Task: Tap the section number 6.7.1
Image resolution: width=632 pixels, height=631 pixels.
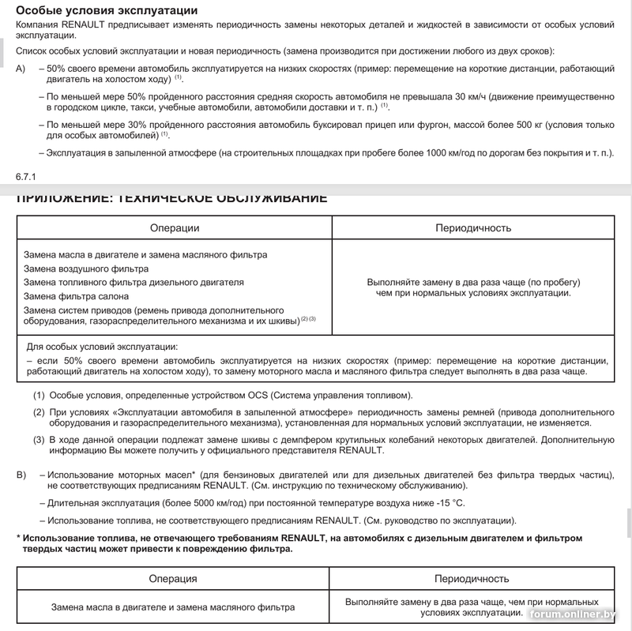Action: tap(27, 175)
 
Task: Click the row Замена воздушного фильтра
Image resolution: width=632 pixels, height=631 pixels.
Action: tap(86, 269)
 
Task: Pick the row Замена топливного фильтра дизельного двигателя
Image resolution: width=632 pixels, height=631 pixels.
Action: tap(134, 282)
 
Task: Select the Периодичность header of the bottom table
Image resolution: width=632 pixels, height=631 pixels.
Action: tap(472, 579)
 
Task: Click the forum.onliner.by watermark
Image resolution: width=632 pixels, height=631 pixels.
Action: tap(575, 614)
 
